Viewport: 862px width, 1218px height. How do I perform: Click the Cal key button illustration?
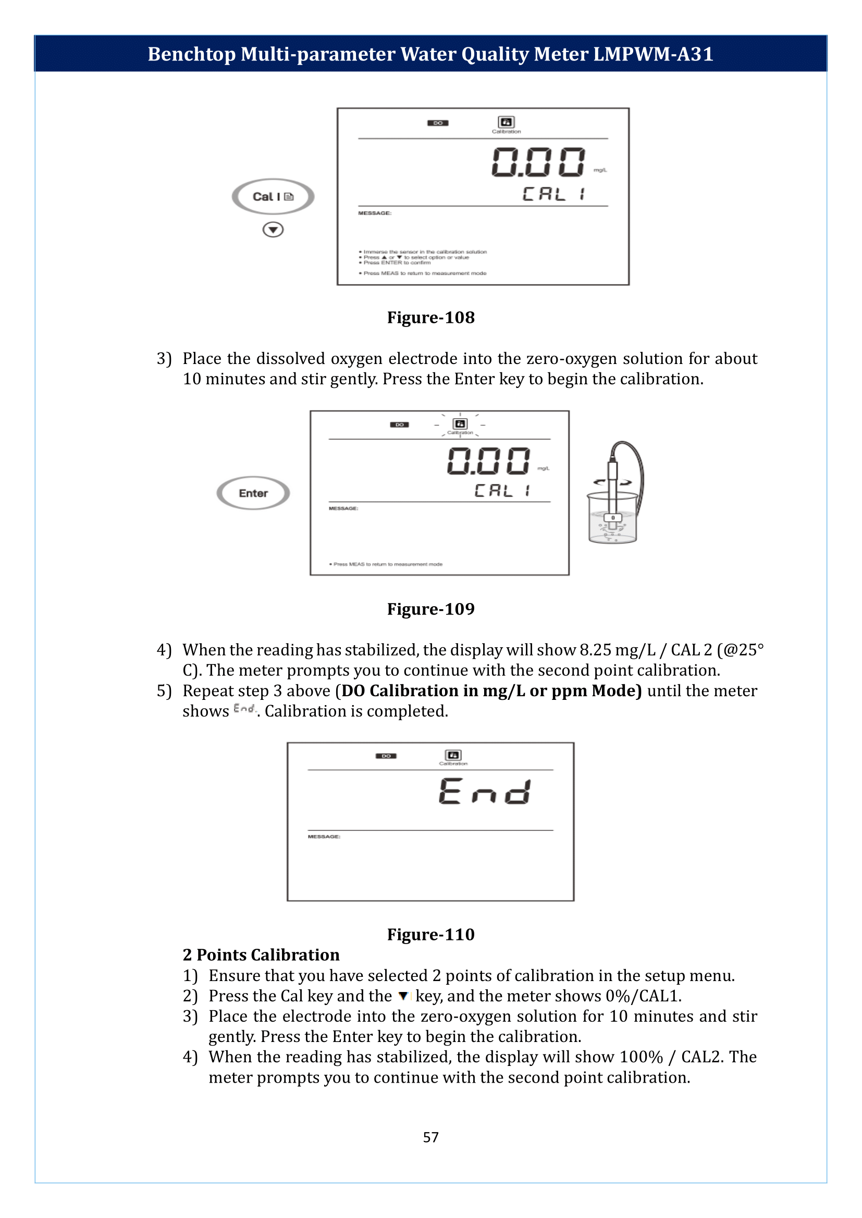click(x=273, y=197)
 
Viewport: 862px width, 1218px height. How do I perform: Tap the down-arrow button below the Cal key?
click(x=273, y=230)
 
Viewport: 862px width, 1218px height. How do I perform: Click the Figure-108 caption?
click(x=430, y=317)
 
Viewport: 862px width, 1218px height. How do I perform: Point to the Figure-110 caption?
click(x=430, y=934)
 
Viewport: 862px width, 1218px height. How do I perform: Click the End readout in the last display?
click(x=485, y=792)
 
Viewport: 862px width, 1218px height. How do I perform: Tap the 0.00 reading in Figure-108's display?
click(x=538, y=162)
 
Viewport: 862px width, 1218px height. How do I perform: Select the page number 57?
click(x=430, y=1137)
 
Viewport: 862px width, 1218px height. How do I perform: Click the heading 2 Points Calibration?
click(x=261, y=955)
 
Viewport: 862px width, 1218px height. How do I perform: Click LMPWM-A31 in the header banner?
click(x=653, y=54)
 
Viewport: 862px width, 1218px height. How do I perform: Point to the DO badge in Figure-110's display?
click(x=386, y=756)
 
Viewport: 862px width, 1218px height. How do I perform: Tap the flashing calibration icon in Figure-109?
click(x=460, y=424)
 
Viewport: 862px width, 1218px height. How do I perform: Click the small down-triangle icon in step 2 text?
click(x=403, y=996)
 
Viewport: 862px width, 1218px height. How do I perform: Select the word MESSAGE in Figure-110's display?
click(x=324, y=837)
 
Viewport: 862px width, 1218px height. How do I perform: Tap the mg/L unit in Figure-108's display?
click(x=600, y=170)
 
